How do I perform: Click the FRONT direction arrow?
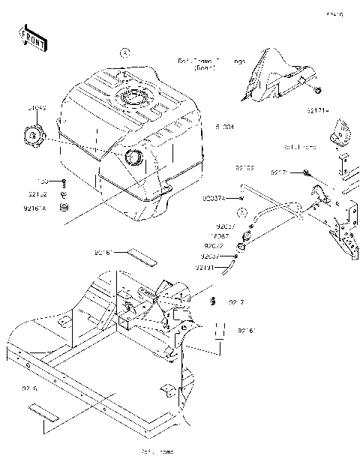31,39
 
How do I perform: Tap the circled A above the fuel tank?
125,52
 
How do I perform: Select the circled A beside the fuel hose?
241,213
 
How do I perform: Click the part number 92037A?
214,199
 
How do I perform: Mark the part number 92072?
214,245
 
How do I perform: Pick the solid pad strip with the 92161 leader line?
141,255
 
